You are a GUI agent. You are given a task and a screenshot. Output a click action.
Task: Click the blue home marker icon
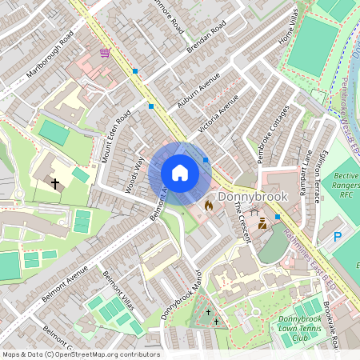coord(180,173)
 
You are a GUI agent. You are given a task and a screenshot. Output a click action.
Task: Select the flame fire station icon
coord(209,206)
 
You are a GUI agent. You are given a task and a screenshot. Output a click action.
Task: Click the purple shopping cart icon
coord(105,53)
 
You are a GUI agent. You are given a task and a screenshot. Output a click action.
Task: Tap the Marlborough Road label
coord(50,54)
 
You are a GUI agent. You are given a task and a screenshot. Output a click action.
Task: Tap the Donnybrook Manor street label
coord(179,294)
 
